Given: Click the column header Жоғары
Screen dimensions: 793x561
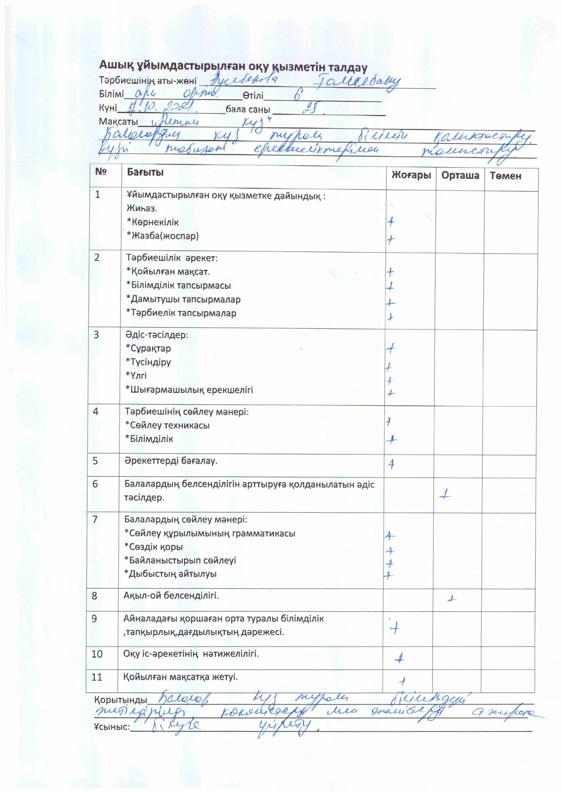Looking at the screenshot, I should coord(411,175).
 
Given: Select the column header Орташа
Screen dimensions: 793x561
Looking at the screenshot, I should coord(460,175).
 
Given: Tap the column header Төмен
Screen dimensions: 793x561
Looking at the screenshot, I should coord(505,176).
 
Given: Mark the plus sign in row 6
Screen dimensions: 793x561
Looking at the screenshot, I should coord(446,495).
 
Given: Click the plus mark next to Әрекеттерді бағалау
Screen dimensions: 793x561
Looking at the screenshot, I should coord(391,464).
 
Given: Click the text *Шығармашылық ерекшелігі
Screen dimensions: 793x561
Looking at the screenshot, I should coord(189,390).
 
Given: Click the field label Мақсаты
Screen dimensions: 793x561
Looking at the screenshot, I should coord(118,122).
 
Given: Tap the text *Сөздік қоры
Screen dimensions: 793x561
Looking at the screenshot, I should coord(153,547).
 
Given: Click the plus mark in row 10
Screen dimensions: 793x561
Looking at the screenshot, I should coord(400,658).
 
